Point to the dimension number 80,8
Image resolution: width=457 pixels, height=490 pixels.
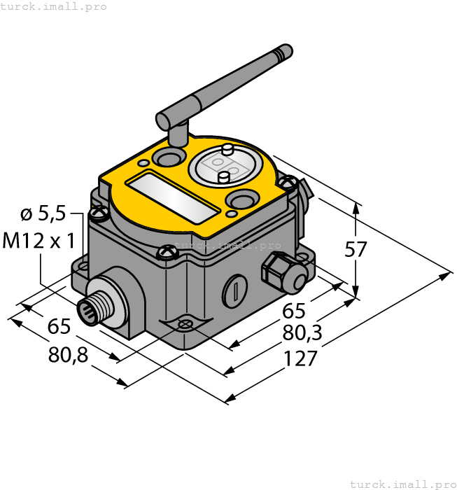[69, 354]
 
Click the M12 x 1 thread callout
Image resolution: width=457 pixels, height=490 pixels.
[39, 241]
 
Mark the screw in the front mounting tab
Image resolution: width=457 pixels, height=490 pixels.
[185, 324]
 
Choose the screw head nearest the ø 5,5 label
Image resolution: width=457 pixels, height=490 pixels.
[99, 210]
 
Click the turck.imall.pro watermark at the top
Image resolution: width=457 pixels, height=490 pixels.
[54, 6]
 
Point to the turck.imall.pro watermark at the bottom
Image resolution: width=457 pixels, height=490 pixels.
[402, 484]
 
